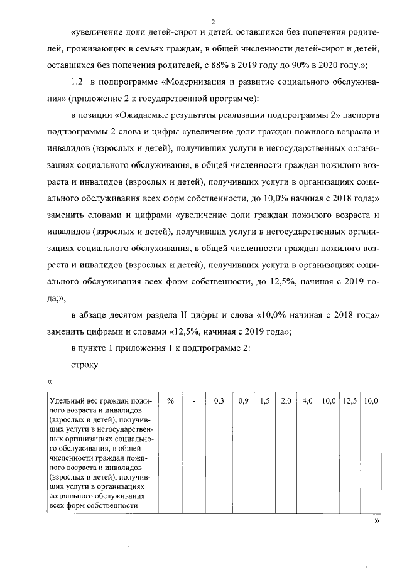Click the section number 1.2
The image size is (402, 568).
77,82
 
